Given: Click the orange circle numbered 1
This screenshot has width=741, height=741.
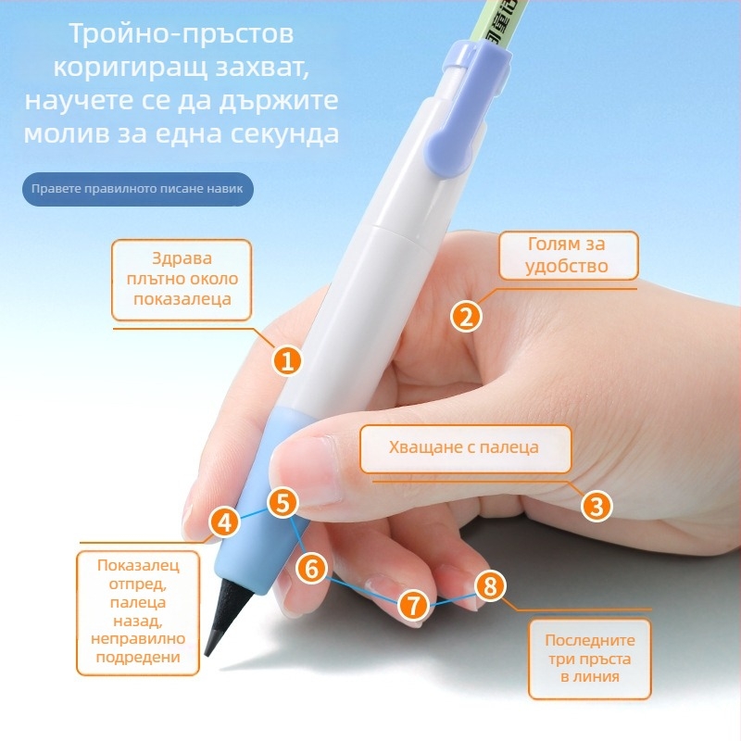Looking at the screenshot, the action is tap(287, 360).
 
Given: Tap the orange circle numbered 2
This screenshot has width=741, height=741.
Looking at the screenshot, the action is tap(466, 316).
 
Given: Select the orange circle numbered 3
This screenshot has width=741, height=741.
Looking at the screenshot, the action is tap(597, 506).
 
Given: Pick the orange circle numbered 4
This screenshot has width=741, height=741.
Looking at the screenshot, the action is tap(224, 522).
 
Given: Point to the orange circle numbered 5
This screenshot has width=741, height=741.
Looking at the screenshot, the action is tap(283, 502).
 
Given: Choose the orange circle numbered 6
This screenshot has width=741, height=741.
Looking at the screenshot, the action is tap(311, 568).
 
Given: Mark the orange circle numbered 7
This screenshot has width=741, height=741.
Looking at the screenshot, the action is tap(413, 606).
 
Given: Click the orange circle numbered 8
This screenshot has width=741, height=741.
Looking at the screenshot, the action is tap(490, 586).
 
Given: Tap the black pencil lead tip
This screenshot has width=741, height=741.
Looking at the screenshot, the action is tap(207, 654).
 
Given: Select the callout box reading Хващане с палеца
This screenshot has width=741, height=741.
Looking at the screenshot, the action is tap(466, 449).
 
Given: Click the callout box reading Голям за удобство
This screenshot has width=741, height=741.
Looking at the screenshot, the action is tap(569, 256).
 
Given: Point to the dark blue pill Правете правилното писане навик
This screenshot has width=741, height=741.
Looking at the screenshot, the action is tap(137, 189).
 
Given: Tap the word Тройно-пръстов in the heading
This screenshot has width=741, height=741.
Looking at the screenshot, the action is tap(182, 34).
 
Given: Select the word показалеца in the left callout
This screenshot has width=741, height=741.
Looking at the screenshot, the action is tap(182, 299).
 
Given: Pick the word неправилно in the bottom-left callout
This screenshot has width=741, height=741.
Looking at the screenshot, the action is tap(138, 639).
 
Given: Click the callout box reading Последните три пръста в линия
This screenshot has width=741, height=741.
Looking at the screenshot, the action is tap(590, 659).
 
